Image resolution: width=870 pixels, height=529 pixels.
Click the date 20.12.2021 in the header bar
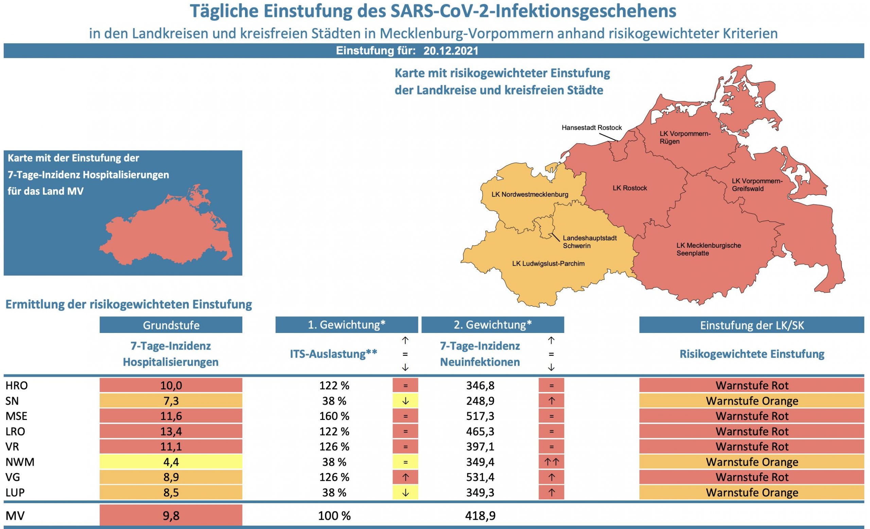[451, 51]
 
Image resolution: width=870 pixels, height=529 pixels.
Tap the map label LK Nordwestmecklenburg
[529, 194]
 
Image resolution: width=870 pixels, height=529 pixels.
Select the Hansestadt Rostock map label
[591, 128]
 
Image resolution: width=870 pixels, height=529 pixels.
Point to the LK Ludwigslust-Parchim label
[548, 264]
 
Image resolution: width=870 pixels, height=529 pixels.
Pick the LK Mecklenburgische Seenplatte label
[708, 249]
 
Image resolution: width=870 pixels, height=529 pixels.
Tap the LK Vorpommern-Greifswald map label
[756, 185]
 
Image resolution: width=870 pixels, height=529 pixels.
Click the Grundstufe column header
[171, 325]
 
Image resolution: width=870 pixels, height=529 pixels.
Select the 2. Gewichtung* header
[492, 325]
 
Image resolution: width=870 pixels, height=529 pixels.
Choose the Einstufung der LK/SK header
[751, 325]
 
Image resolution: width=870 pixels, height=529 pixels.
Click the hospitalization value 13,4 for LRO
[171, 431]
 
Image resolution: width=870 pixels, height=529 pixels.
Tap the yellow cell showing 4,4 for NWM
[171, 462]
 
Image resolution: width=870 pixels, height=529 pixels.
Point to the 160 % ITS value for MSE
[334, 416]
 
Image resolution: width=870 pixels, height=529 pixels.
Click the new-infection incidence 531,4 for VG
[480, 477]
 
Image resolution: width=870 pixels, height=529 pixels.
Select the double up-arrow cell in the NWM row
[551, 462]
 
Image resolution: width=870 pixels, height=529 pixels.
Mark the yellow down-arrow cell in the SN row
[405, 401]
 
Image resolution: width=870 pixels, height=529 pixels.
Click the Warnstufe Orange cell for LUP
[751, 492]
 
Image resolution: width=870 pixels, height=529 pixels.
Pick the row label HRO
[17, 385]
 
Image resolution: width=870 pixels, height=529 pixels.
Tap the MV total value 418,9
[480, 516]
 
